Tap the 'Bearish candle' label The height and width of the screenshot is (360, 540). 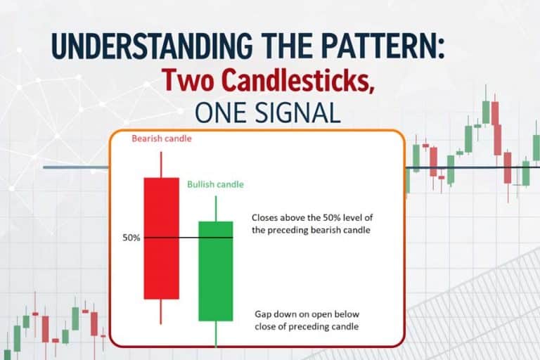162,139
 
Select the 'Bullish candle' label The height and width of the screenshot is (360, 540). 216,184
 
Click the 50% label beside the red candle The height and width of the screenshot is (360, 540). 131,238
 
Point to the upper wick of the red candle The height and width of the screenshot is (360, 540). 161,164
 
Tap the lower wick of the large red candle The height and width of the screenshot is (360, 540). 161,311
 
